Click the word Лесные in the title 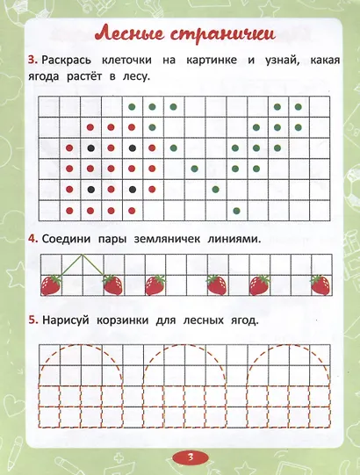click(x=131, y=36)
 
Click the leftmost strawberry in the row click(x=52, y=284)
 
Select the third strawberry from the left click(x=155, y=284)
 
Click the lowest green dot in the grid click(x=237, y=209)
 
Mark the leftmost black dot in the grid click(x=90, y=147)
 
